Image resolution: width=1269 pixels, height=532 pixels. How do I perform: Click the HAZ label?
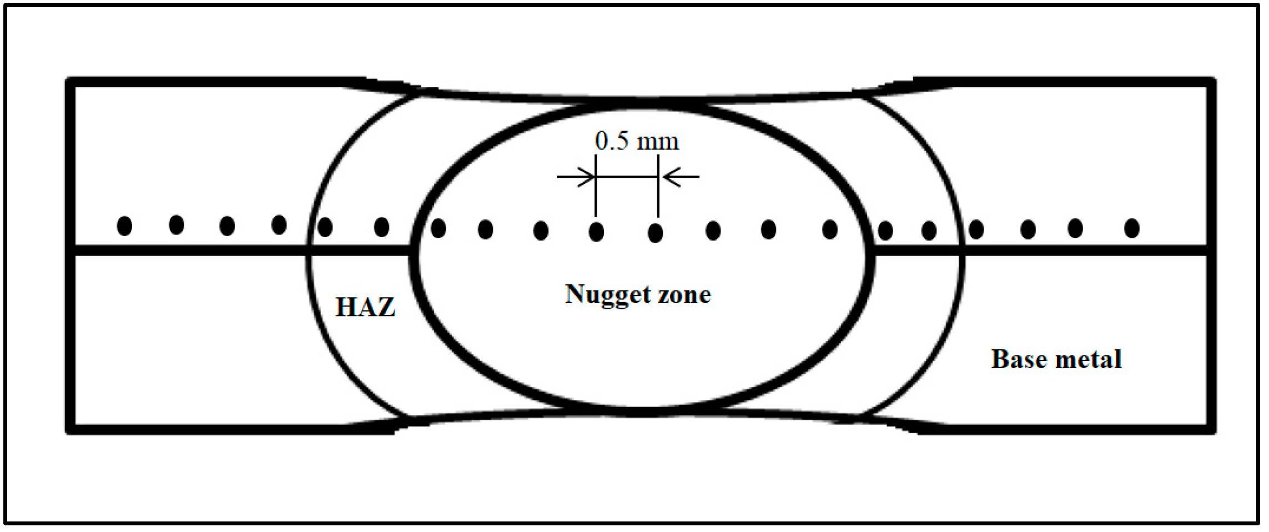[x=365, y=307]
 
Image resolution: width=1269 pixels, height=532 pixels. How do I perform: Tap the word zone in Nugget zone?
[x=684, y=295]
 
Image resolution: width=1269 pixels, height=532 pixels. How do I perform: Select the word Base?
[x=1018, y=359]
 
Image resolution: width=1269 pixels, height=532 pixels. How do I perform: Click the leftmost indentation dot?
[x=125, y=226]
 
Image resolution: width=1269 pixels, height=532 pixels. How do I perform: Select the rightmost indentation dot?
[x=1132, y=228]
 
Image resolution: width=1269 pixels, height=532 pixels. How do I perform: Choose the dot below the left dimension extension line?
[x=596, y=232]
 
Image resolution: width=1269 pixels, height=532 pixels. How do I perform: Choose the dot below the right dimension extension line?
[x=656, y=233]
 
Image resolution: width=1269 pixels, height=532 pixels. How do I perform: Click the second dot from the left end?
[x=177, y=225]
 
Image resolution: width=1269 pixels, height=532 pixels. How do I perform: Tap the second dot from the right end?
[x=1075, y=228]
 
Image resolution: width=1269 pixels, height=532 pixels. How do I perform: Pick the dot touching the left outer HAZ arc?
[x=325, y=227]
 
